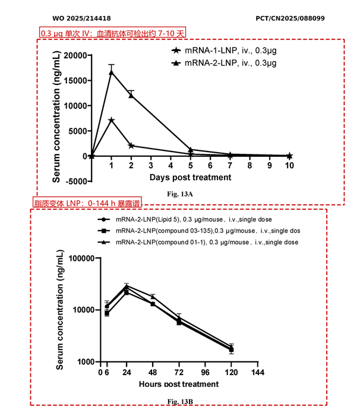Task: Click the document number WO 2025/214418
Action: [x=82, y=18]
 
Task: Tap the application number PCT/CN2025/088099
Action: [x=290, y=18]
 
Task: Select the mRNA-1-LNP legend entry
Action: [x=224, y=51]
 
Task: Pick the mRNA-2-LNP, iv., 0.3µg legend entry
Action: [x=224, y=63]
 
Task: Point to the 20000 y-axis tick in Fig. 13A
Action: [x=75, y=55]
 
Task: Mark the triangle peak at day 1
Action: [x=112, y=73]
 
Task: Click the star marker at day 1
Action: [x=112, y=120]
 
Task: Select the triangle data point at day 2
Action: [x=131, y=95]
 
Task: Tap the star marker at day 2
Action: [x=131, y=146]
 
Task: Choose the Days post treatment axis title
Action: [x=190, y=177]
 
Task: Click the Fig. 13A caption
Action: [x=180, y=194]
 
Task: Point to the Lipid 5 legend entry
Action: [x=185, y=220]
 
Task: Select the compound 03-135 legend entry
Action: [x=198, y=231]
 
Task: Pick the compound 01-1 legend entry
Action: [x=198, y=242]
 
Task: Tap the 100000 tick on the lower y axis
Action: [x=82, y=258]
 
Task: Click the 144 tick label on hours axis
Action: [x=258, y=373]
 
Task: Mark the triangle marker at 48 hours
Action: [x=153, y=297]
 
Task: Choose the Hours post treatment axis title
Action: [x=179, y=384]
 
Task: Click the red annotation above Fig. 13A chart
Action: [x=112, y=33]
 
